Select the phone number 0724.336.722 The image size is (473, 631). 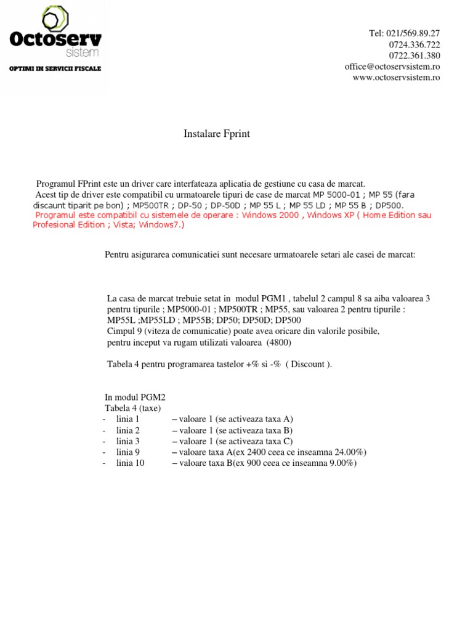(x=414, y=44)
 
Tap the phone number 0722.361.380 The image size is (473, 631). (x=414, y=55)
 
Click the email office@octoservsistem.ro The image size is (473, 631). (x=392, y=67)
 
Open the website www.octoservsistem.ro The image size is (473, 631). (x=396, y=78)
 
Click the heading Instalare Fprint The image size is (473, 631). (x=217, y=134)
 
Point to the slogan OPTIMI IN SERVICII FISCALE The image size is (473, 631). (x=55, y=68)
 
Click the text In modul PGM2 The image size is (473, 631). (x=135, y=397)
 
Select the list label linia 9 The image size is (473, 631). (x=128, y=452)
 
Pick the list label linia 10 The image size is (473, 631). (x=130, y=463)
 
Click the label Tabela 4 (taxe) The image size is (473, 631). (x=132, y=408)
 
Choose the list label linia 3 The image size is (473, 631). (x=128, y=441)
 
